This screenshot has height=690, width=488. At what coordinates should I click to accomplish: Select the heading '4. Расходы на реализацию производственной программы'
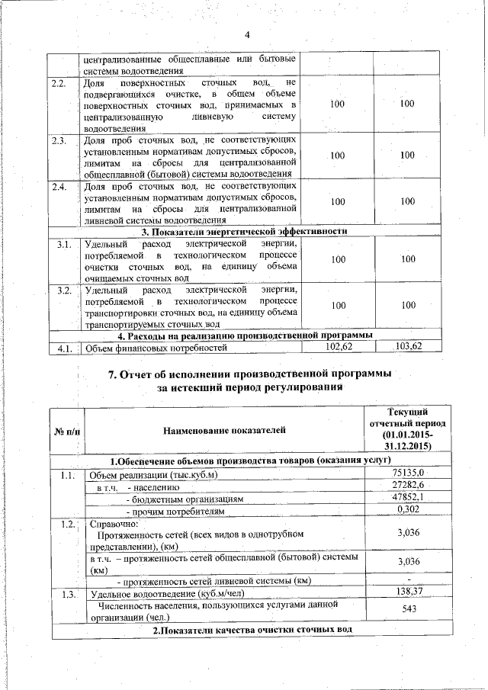(x=244, y=335)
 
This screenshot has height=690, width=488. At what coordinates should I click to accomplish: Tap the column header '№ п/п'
(x=67, y=432)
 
